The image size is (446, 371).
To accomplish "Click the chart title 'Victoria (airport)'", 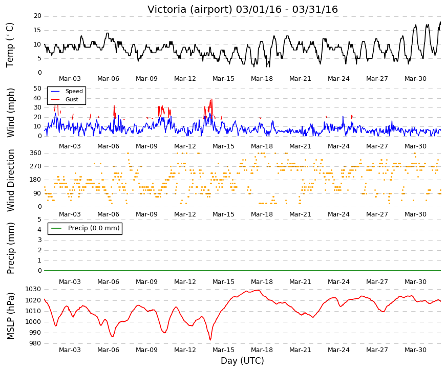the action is pos(190,9).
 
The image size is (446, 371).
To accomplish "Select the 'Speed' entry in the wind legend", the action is pos(74,91).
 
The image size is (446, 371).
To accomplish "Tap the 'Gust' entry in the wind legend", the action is pos(72,99).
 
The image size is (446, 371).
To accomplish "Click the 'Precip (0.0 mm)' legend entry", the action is pos(94,228).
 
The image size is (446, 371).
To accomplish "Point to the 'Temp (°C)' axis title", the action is pos(10,45).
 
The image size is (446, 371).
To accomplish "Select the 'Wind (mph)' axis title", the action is pos(10,113).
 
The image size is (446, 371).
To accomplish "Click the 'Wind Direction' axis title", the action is pos(10,181).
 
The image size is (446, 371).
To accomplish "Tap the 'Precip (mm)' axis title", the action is pos(10,248).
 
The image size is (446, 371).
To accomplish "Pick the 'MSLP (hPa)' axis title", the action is pos(10,316).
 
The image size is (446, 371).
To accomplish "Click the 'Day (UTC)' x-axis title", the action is pos(242,361).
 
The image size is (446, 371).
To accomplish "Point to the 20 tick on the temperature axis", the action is pos(37,16).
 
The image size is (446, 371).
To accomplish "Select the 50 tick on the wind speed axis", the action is pos(37,89).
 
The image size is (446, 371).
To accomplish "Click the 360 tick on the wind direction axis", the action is pos(36,153).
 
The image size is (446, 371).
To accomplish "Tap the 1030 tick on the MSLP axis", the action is pos(33,290).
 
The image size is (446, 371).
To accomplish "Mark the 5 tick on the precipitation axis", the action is pos(39,220).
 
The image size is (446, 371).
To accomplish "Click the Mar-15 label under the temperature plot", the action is pos(223,79).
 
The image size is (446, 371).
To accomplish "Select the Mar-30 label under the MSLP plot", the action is pos(415,350).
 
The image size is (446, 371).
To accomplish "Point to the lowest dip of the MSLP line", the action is pos(210,340).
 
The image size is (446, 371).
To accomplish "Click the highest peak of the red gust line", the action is pos(211,99).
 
